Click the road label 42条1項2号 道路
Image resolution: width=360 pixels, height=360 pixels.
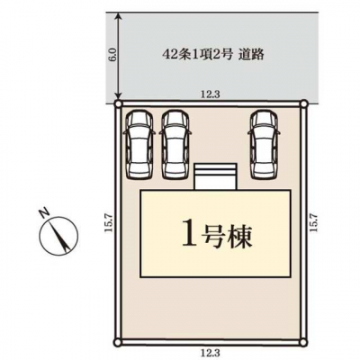[213, 55]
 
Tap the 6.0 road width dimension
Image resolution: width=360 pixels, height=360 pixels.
[112, 55]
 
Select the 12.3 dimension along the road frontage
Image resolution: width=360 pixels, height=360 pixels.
[211, 94]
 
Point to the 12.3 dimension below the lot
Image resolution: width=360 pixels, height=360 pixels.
[211, 351]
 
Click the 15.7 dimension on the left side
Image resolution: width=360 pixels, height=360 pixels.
[108, 222]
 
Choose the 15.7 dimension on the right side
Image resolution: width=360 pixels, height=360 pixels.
[313, 222]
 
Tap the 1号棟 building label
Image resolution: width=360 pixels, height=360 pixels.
[217, 236]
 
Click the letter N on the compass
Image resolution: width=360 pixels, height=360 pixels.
[44, 212]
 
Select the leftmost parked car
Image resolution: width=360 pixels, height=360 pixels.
[139, 146]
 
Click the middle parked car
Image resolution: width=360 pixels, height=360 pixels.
[175, 146]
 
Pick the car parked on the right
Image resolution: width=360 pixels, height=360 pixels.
[265, 146]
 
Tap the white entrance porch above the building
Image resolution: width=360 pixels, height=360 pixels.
[216, 176]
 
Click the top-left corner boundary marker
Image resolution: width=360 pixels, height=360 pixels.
[119, 103]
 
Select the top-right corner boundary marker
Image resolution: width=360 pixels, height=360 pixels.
[304, 103]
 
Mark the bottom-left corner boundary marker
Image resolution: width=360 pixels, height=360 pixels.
[119, 342]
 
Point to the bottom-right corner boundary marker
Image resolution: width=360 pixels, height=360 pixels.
[304, 342]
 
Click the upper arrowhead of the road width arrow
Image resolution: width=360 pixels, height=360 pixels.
[120, 15]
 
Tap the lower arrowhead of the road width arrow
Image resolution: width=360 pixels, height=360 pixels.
[120, 96]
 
